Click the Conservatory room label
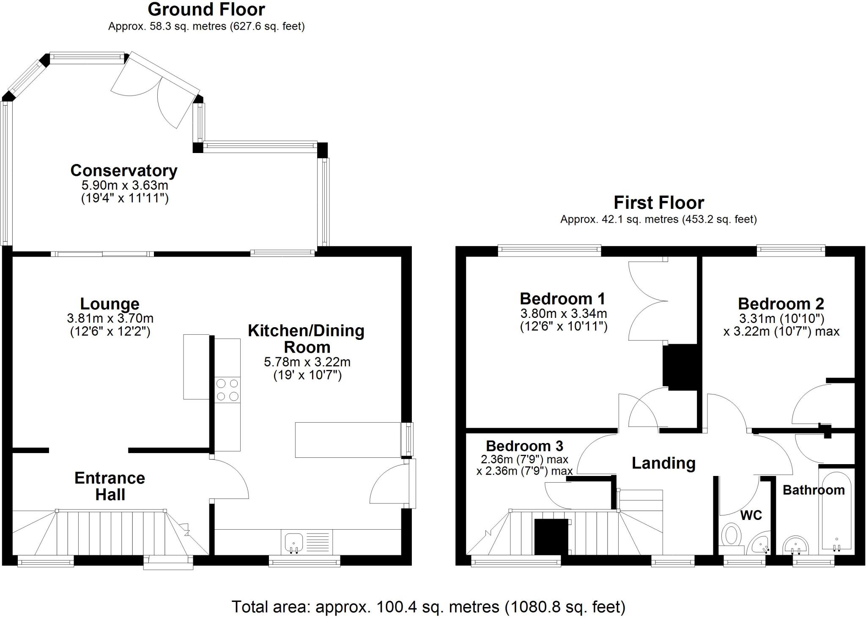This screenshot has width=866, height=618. tap(123, 171)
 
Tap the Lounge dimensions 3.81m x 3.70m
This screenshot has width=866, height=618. tap(110, 318)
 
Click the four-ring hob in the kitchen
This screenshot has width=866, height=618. tap(227, 390)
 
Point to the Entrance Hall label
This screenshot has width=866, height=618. tap(110, 486)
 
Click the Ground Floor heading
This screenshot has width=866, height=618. tap(206, 9)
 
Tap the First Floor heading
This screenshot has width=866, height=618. tap(658, 203)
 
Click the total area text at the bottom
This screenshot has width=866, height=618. tap(428, 607)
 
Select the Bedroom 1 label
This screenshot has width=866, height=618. tap(562, 299)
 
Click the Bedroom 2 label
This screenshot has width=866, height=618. tap(781, 304)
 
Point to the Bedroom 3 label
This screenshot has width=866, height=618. tap(524, 446)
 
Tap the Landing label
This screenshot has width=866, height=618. tap(663, 463)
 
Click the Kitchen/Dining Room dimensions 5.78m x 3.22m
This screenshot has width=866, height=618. tap(307, 362)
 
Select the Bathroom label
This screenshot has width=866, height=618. tap(813, 490)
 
